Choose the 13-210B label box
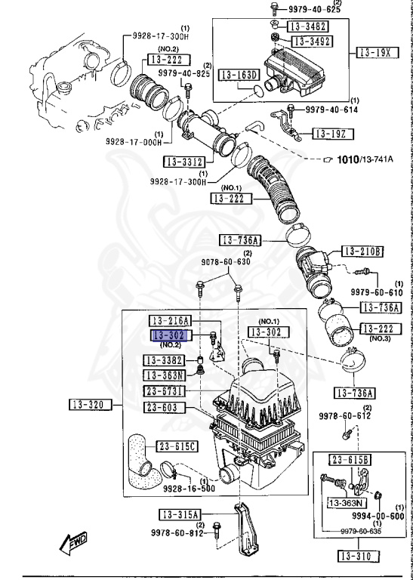[362, 251]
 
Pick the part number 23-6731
[165, 390]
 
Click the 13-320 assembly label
[89, 406]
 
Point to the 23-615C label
[177, 446]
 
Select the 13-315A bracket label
[179, 514]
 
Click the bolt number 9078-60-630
[225, 262]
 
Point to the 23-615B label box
[349, 459]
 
